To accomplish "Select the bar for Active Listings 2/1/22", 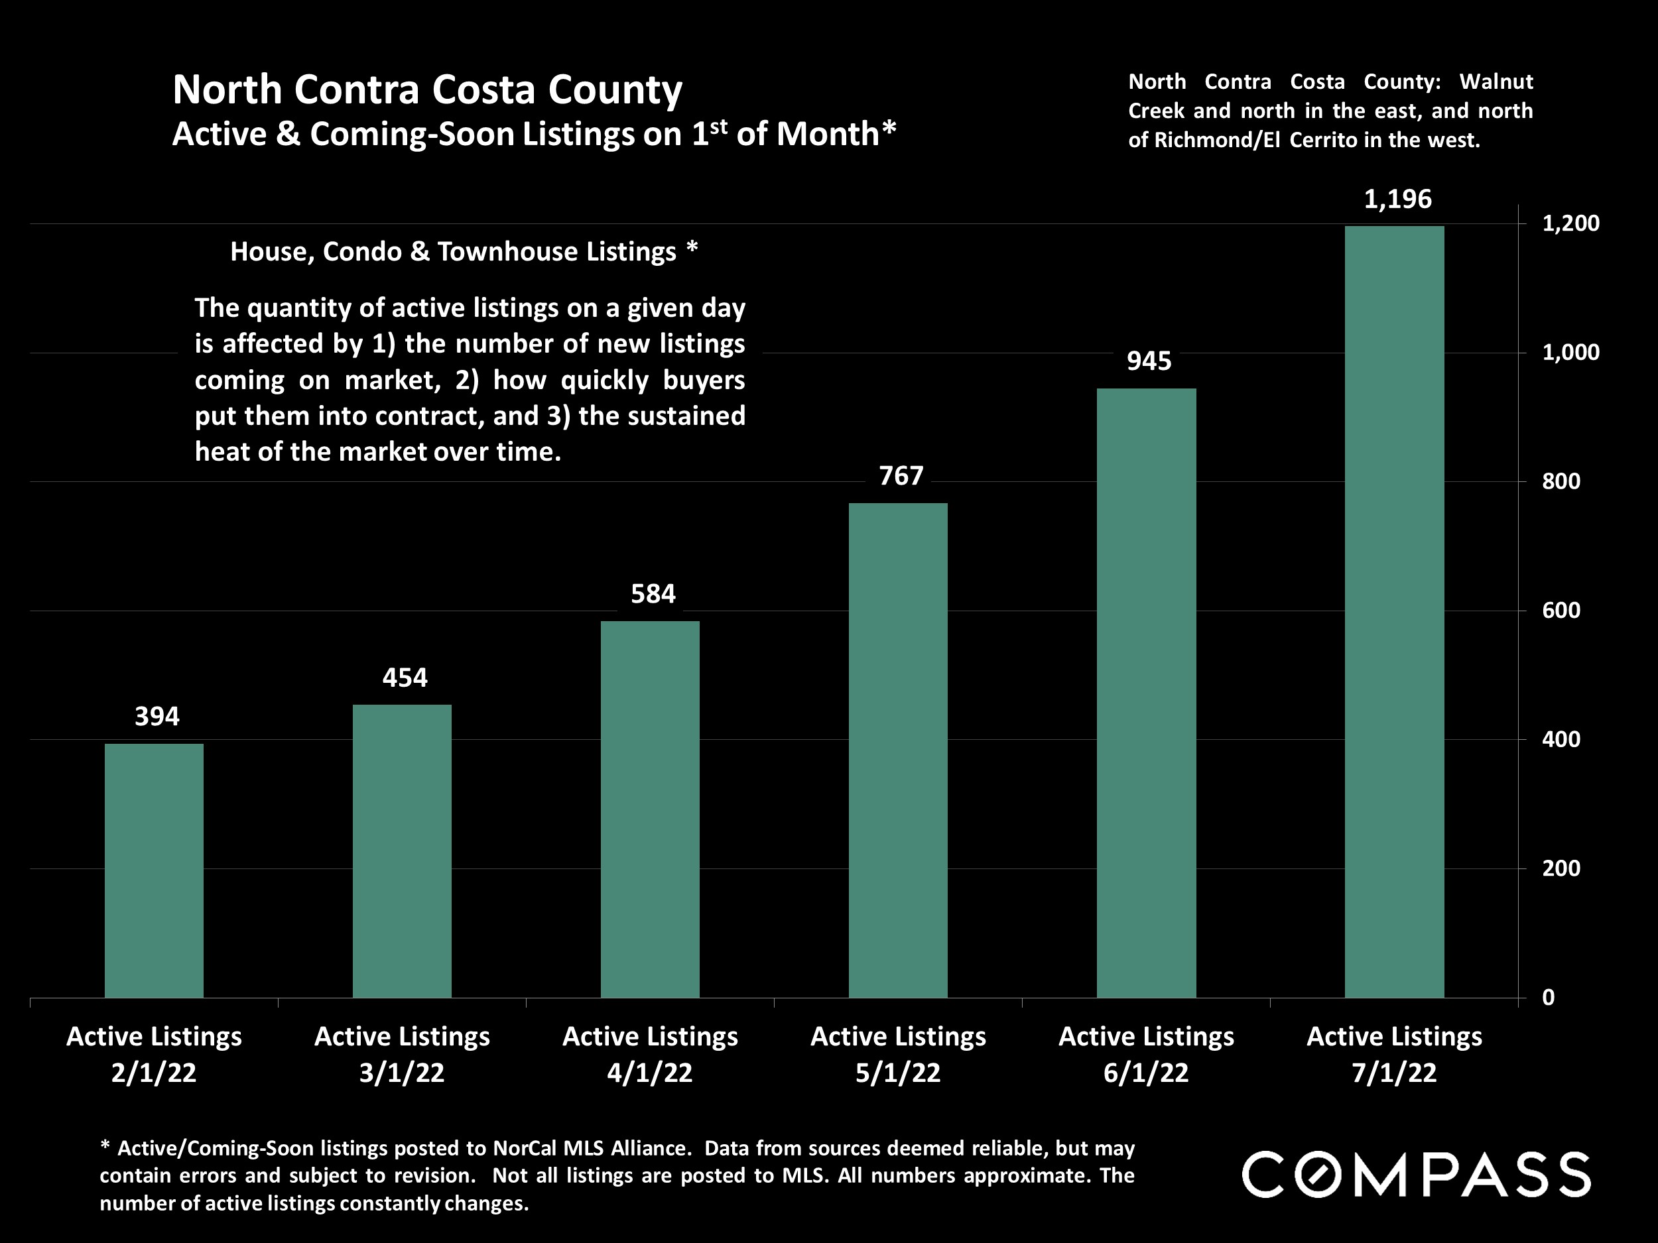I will [x=154, y=870].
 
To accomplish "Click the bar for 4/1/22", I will [x=650, y=809].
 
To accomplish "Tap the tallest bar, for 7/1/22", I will [x=1394, y=611].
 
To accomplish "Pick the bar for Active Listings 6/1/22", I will [x=1146, y=693].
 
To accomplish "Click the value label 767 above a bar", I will [x=901, y=476].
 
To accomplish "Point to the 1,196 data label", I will [x=1397, y=200].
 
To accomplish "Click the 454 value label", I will [x=405, y=678].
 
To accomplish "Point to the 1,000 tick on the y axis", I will [x=1570, y=352].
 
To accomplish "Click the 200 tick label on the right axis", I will [x=1561, y=868].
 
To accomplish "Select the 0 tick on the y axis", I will [x=1548, y=997].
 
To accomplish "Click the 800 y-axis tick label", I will [x=1561, y=481].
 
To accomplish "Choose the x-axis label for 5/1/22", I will [x=898, y=1054].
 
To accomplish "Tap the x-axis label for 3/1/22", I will [x=402, y=1054].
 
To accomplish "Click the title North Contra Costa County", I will [x=427, y=90].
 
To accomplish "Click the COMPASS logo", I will [x=1416, y=1175].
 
